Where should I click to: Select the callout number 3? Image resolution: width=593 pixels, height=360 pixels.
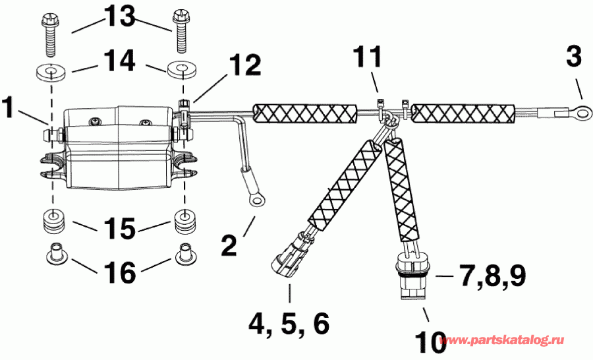point(573,58)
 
